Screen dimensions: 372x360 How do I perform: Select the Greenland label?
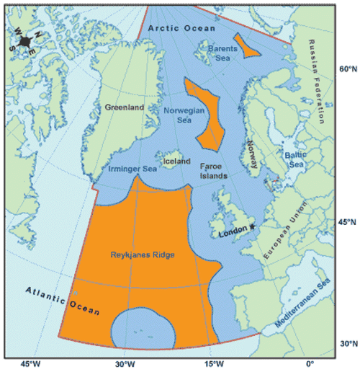[x=125, y=107]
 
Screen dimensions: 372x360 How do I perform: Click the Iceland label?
[x=178, y=161]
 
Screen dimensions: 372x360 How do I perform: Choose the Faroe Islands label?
[x=214, y=170]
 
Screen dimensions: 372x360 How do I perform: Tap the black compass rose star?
[x=25, y=42]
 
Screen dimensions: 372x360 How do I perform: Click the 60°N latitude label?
[x=348, y=69]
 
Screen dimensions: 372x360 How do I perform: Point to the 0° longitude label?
[x=310, y=363]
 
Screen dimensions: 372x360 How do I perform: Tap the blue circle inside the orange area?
[x=144, y=328]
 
